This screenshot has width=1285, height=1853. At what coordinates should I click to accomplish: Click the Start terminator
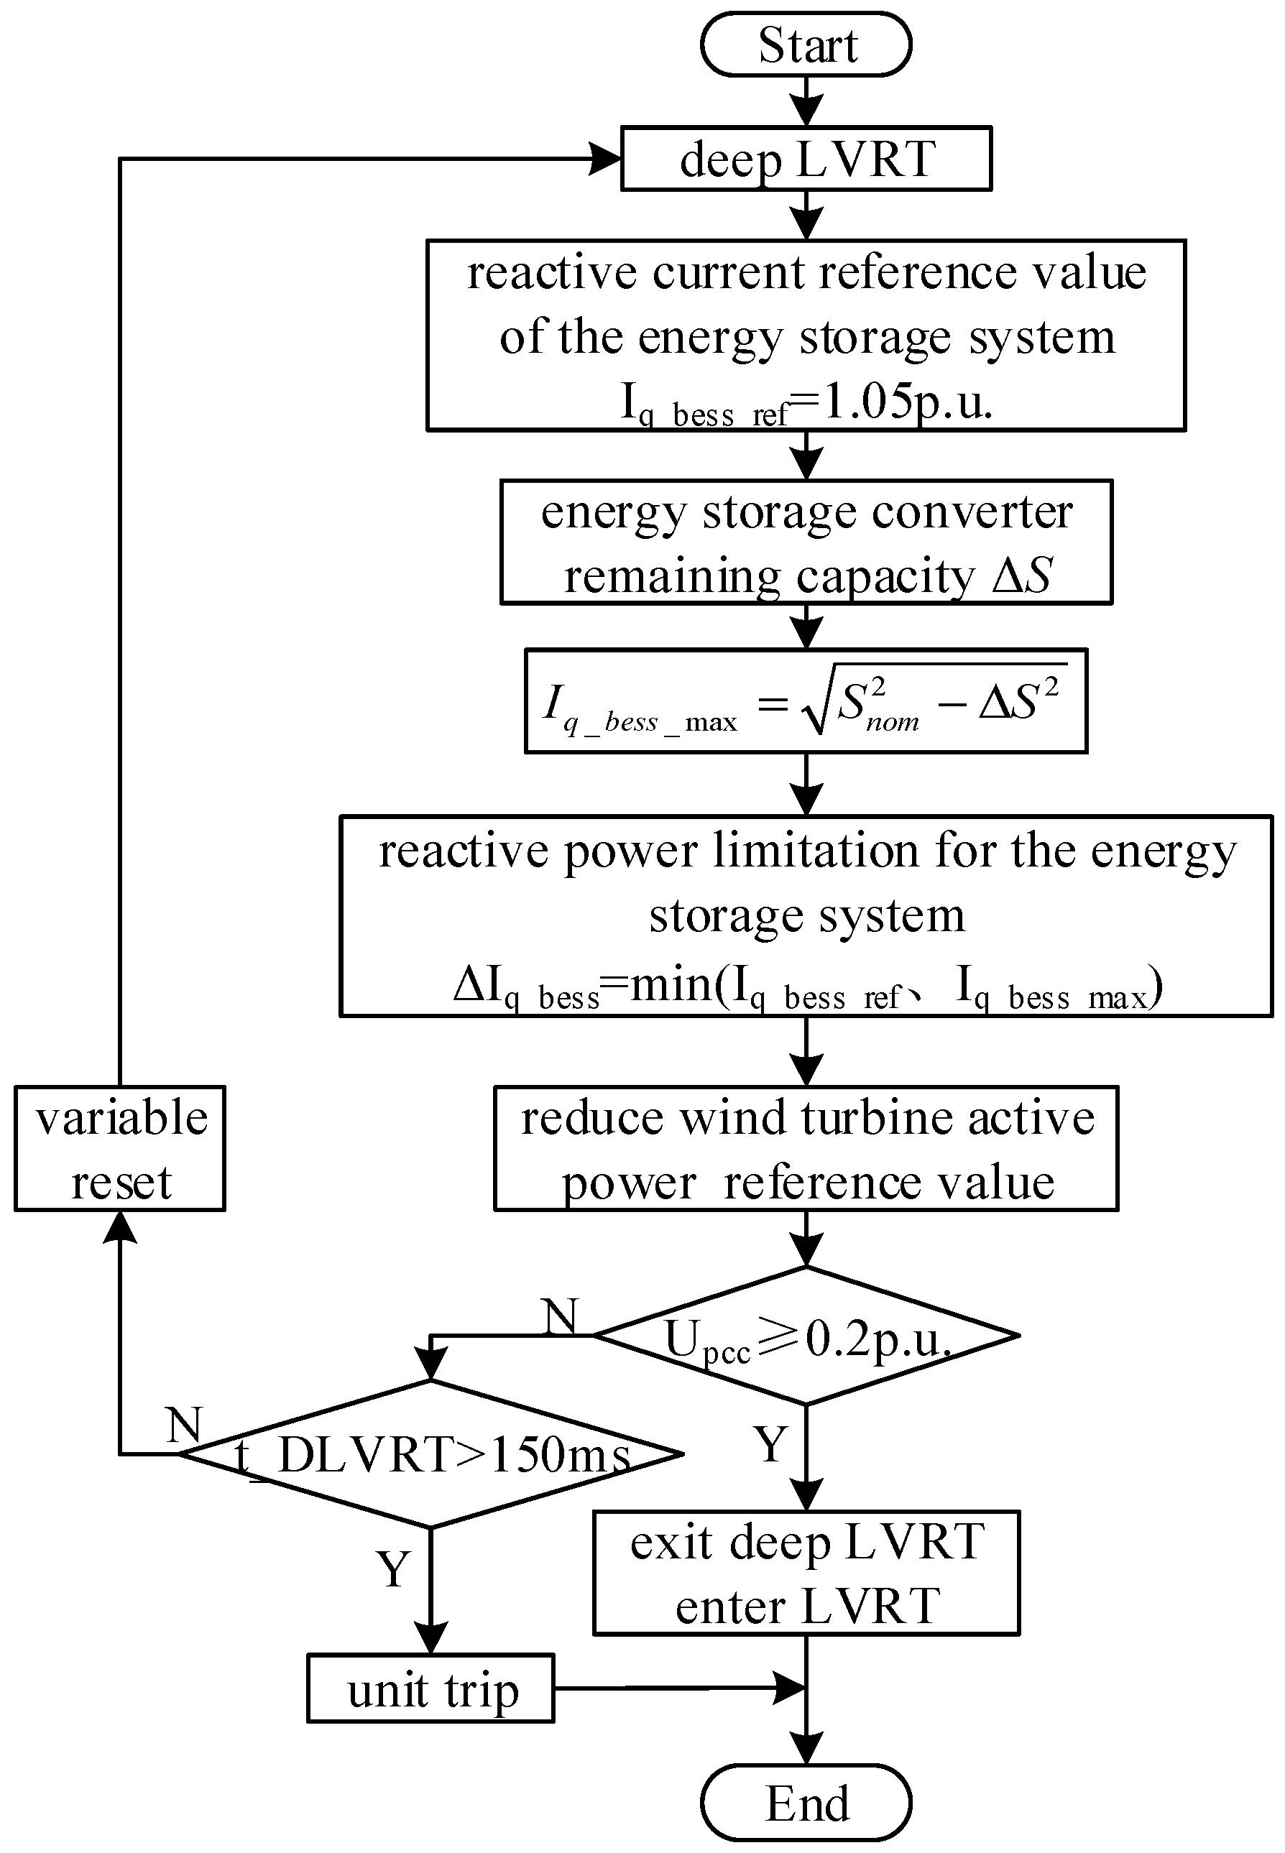pos(806,45)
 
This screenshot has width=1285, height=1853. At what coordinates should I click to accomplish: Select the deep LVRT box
pos(806,159)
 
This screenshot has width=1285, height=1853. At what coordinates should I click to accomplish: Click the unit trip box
pos(430,1688)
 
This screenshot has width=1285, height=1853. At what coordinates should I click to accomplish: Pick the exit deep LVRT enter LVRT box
pos(806,1574)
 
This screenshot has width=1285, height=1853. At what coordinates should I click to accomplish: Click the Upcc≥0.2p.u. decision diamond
pos(806,1336)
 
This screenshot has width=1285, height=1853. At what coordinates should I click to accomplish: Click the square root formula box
pos(806,701)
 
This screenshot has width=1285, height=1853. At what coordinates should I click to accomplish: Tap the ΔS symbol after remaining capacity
pos(1022,576)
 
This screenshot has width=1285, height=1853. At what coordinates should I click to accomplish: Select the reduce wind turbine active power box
pos(806,1149)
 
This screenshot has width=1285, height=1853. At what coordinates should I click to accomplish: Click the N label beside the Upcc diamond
pos(561,1317)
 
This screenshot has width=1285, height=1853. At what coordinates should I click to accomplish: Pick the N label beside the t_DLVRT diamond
pos(183,1425)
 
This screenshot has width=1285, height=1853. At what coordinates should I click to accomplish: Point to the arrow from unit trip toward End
pos(676,1688)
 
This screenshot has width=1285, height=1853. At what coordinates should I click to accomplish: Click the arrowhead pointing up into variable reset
pos(120,1229)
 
